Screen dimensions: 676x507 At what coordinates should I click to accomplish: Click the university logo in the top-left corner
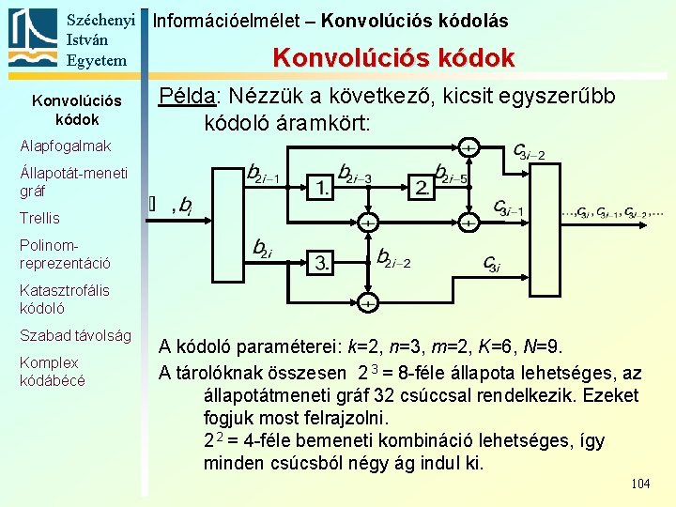click(x=32, y=38)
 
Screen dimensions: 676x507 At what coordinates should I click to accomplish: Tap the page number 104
click(x=640, y=484)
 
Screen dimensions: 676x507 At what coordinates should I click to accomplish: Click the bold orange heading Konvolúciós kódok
click(x=393, y=58)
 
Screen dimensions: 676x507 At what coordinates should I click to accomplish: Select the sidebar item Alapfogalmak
click(x=65, y=146)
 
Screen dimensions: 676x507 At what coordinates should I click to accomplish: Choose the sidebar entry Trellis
click(x=39, y=218)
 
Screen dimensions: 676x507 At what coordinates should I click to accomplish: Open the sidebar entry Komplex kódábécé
click(x=52, y=371)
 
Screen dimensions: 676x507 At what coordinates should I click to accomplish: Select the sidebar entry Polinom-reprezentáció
click(x=65, y=253)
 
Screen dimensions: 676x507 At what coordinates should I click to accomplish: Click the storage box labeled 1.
click(x=322, y=187)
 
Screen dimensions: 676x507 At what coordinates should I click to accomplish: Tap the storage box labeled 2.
click(x=422, y=187)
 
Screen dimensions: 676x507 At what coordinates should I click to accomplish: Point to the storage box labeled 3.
click(x=322, y=262)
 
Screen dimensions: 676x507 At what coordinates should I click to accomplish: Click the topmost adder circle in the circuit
click(x=467, y=147)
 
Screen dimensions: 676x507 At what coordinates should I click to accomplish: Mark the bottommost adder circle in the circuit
click(x=367, y=303)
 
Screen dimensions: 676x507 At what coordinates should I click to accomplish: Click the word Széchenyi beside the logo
click(x=102, y=20)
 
